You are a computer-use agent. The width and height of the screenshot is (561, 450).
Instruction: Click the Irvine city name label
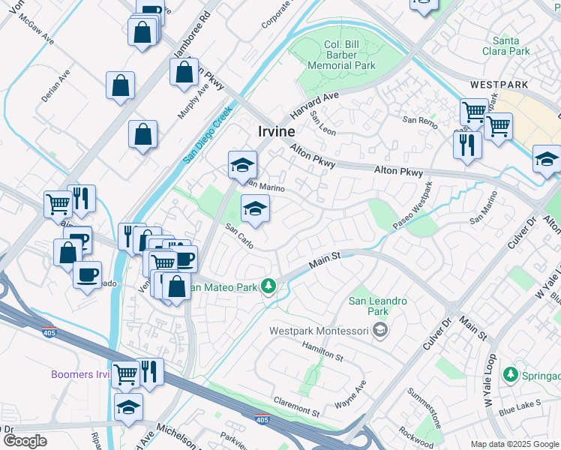pos(277,130)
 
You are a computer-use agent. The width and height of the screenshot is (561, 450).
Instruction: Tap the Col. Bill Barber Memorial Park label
pos(339,55)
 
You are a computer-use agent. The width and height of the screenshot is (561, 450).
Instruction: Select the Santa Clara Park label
pos(511,46)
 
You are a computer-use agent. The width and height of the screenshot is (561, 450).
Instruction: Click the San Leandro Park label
pos(378,306)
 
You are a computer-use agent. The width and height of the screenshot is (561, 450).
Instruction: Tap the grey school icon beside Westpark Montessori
pos(380,330)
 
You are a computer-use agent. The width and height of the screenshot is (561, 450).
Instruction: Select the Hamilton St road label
pos(322,352)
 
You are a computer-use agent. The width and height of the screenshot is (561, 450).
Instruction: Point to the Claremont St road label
pos(296,406)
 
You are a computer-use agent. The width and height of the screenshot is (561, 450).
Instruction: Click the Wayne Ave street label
pos(350,395)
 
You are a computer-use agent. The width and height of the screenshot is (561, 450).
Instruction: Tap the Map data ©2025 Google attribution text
pos(514,444)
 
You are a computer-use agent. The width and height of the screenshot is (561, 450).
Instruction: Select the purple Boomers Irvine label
pos(81,374)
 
